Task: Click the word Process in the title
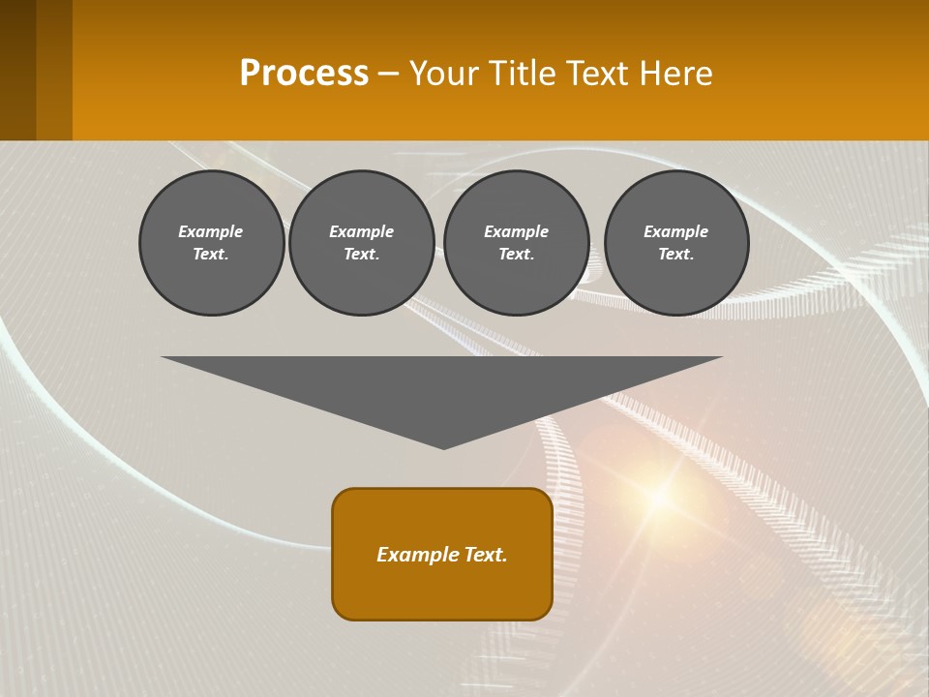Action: click(x=304, y=74)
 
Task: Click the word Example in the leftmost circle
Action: click(x=210, y=231)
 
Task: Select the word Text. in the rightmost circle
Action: click(x=676, y=255)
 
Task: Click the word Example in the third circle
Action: click(x=516, y=231)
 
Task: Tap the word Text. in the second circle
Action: click(x=361, y=255)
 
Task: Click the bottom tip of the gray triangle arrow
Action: click(x=443, y=446)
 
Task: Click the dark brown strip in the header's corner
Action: click(x=17, y=70)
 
